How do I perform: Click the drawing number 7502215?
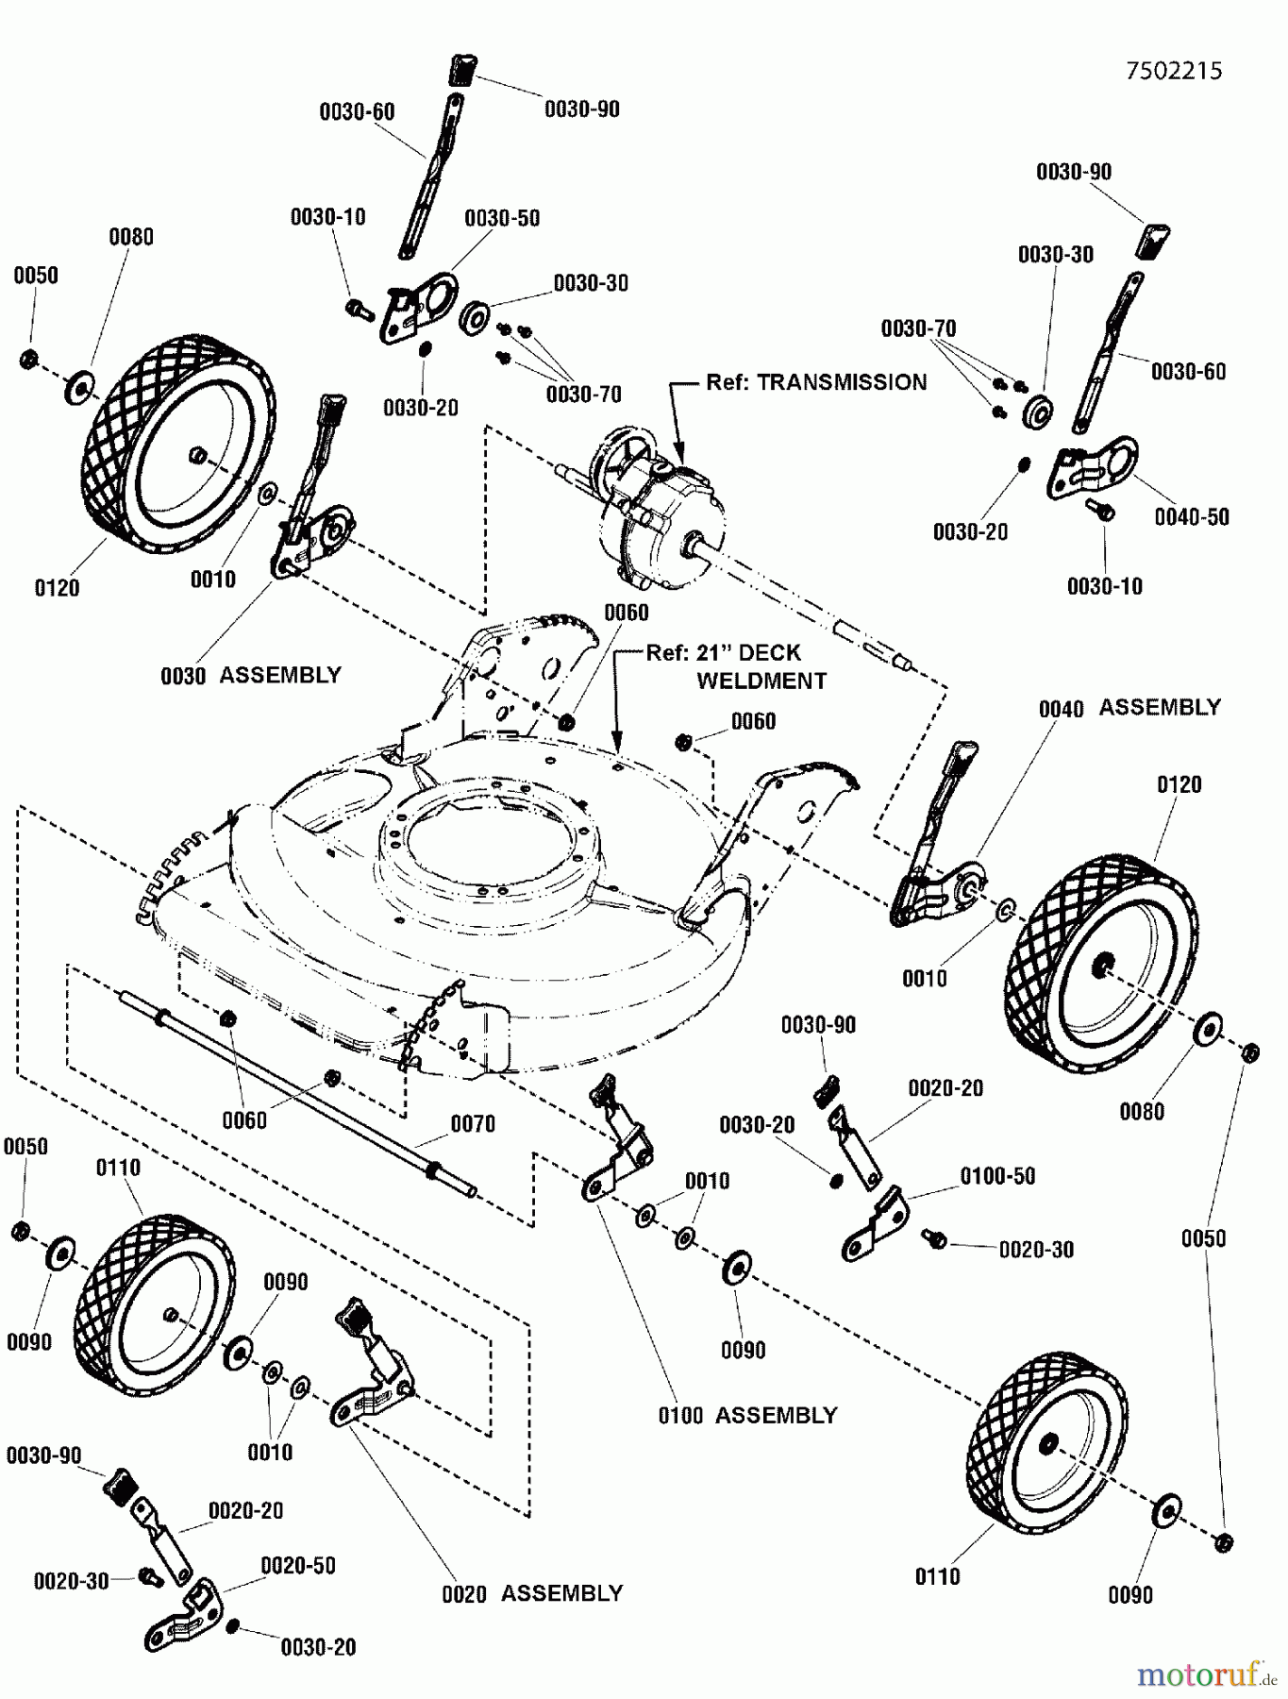[x=1174, y=71]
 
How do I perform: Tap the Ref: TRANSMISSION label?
[x=816, y=382]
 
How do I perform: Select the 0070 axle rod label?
[x=473, y=1124]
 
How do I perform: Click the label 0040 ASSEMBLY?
[x=1129, y=708]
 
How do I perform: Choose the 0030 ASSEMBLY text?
[x=250, y=676]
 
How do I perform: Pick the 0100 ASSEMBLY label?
[x=747, y=1416]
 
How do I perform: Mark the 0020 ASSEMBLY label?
[x=532, y=1594]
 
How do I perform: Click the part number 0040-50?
[x=1192, y=517]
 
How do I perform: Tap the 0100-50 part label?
[x=997, y=1176]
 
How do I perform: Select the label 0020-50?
[x=298, y=1566]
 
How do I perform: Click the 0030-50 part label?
[x=502, y=218]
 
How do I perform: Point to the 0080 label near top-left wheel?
[x=131, y=237]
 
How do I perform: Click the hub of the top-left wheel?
[x=199, y=456]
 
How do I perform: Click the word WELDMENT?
[x=761, y=681]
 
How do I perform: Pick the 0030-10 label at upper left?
[x=327, y=217]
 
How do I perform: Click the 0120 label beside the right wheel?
[x=1179, y=785]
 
